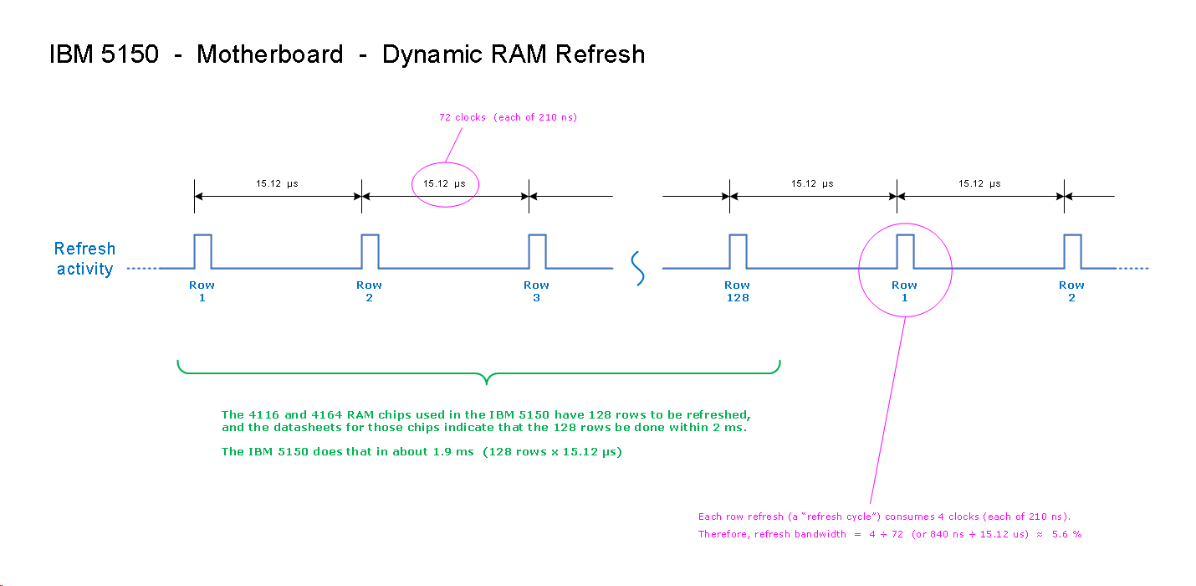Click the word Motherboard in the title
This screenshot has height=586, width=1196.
coord(269,55)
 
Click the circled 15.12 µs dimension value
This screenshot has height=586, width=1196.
coord(444,184)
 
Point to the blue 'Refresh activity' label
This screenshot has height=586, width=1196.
coord(84,259)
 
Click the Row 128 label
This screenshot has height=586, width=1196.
coord(737,291)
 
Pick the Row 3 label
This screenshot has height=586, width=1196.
coord(536,291)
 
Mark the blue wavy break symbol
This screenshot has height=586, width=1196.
coord(637,268)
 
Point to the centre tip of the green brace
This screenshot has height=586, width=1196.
coord(487,383)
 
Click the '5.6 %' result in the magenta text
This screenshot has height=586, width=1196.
coord(1066,534)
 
